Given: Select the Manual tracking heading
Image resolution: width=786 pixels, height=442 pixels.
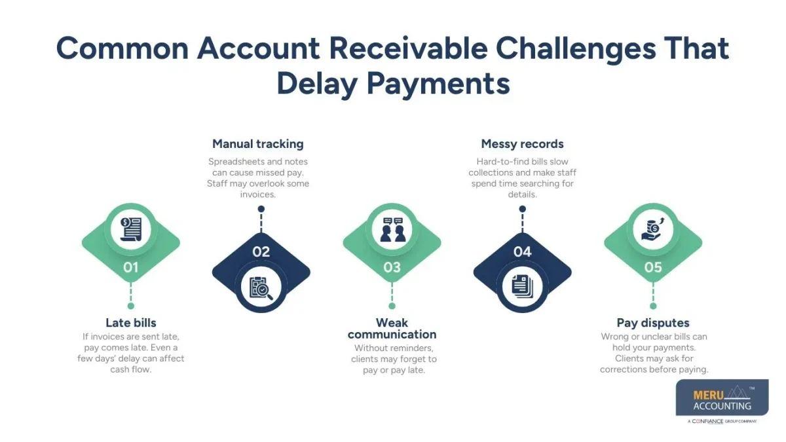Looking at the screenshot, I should [258, 144].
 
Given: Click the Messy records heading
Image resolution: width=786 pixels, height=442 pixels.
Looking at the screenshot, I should [522, 144].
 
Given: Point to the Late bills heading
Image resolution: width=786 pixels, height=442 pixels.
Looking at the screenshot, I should [131, 323].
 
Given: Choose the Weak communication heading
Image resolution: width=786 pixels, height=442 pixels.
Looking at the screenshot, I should [392, 329].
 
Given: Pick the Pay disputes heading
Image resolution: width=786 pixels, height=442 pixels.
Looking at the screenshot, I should [653, 323].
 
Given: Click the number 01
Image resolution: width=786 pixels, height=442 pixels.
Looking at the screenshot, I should [131, 267].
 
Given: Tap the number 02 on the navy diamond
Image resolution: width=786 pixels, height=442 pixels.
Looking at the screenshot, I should [261, 251].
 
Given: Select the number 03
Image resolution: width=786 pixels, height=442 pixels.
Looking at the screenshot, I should [392, 267].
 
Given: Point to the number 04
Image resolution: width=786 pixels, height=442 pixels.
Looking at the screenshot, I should [522, 251].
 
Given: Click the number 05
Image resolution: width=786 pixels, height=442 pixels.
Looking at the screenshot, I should [653, 267].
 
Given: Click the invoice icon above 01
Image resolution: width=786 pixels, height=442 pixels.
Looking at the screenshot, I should [131, 229].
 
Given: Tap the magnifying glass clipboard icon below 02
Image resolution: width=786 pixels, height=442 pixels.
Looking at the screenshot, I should [261, 287].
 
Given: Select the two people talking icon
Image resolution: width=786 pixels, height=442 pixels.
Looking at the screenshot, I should [392, 229].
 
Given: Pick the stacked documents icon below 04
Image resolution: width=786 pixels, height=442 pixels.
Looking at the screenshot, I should [522, 287].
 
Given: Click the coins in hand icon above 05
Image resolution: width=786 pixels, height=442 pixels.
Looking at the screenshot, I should [653, 229].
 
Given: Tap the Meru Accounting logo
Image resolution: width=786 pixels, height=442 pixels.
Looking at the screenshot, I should [722, 401].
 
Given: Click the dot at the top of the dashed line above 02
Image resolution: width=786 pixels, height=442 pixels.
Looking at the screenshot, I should [261, 210].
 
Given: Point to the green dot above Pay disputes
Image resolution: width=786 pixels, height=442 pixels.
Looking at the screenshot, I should [653, 306].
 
